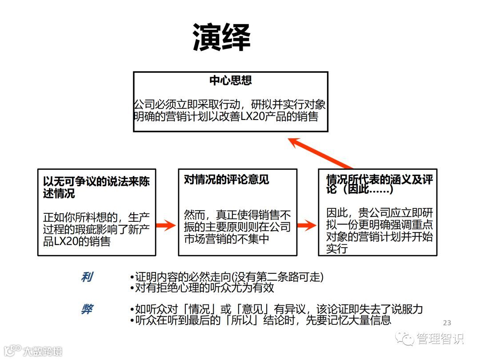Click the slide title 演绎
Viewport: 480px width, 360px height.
pos(221,37)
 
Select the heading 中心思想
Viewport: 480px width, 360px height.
pos(231,80)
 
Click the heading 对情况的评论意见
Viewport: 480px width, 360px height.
pos(227,180)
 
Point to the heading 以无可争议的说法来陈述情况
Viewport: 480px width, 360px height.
pos(96,187)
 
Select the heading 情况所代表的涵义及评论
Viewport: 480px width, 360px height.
pos(379,184)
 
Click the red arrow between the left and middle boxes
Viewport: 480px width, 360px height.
pos(167,225)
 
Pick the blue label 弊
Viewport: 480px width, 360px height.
pos(87,309)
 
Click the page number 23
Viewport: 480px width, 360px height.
pos(447,323)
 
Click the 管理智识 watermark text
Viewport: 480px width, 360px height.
pos(440,339)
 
